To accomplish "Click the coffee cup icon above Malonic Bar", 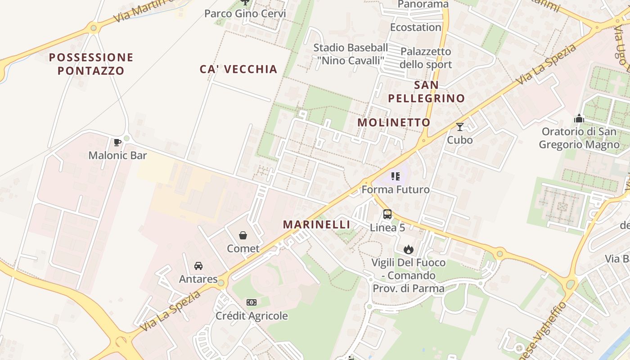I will point(117,143).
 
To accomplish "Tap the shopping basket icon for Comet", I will point(243,235).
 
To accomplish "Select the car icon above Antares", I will point(198,266).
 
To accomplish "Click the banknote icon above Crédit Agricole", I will point(252,302).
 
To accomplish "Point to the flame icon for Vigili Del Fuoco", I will point(408,249).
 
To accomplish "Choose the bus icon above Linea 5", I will point(387,214).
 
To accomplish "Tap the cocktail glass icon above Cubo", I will point(459,127).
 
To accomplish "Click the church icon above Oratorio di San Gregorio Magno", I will point(579,119).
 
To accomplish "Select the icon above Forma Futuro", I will point(396,176).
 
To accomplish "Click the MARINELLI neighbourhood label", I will point(317,225).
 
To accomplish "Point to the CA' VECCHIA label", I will point(238,69).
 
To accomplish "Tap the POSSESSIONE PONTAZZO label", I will point(91,64).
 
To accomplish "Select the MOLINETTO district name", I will point(394,122).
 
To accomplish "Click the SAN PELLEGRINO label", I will point(426,91).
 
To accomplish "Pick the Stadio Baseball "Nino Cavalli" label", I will point(351,54).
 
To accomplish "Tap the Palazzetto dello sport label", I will point(426,58).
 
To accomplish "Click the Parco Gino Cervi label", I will point(245,13).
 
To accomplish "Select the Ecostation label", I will point(415,27).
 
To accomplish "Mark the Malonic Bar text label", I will point(117,156).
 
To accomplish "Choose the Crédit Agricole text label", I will point(252,316).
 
